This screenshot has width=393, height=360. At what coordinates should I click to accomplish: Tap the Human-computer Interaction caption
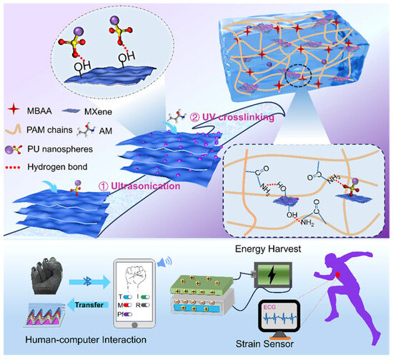click(x=66, y=348)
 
